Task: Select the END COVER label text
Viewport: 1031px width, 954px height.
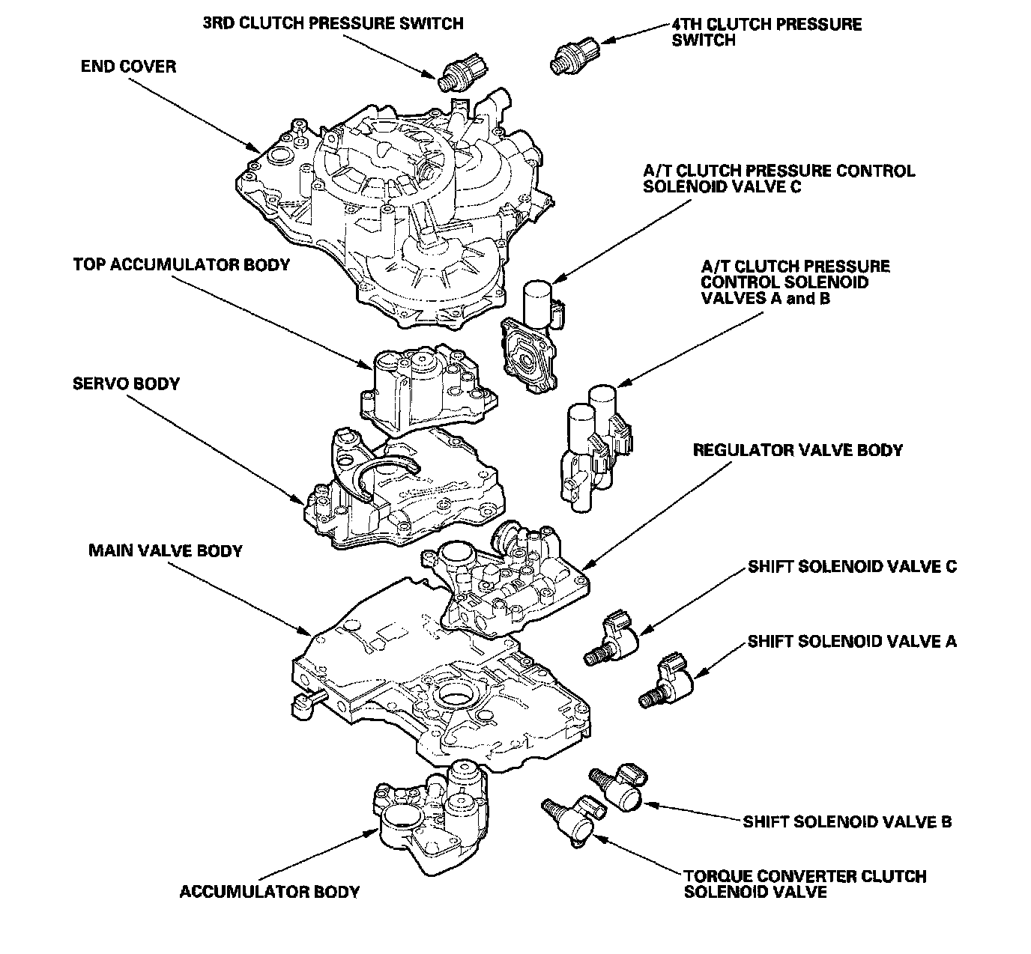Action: point(128,67)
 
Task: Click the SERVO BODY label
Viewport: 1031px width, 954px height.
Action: point(126,384)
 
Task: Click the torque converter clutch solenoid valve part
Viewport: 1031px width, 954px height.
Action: point(573,821)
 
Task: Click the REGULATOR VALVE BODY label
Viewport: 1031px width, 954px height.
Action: point(797,451)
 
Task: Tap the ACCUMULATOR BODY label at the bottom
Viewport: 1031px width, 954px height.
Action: point(270,892)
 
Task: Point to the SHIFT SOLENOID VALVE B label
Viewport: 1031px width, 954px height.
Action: point(847,822)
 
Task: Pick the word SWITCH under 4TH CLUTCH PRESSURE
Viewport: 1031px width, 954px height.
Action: point(704,40)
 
